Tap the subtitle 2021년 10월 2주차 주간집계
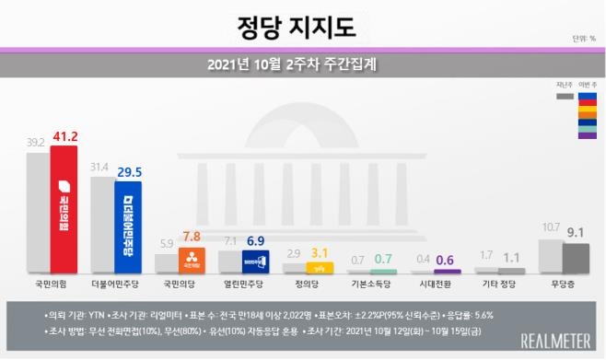302,65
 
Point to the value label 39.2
37,143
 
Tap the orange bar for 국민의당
192,261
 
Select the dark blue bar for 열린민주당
255,262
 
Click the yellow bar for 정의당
319,268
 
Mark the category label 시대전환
433,285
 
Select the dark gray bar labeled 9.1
576,259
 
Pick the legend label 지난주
565,85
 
